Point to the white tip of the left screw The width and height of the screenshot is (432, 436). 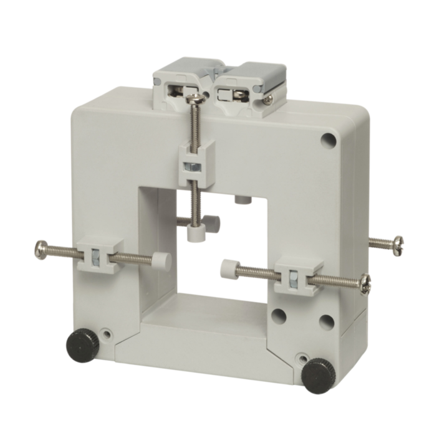coord(161,260)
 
